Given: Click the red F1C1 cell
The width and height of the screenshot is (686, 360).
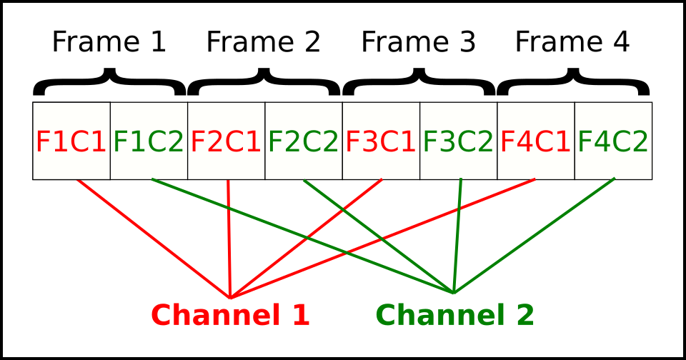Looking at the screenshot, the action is [71, 141].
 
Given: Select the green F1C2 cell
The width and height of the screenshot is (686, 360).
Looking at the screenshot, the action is [149, 141].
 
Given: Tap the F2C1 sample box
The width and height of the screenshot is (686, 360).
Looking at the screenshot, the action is [227, 141].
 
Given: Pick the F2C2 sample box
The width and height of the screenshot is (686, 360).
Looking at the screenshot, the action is [304, 141].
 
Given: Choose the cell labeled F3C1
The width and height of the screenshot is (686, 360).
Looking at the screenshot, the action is [381, 141].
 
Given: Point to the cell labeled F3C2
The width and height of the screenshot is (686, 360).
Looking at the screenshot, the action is [459, 141].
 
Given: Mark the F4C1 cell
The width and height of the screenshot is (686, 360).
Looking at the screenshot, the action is [536, 141].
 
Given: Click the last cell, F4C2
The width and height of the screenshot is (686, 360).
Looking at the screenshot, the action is [613, 141].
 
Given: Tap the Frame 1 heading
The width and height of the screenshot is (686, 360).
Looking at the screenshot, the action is [109, 42].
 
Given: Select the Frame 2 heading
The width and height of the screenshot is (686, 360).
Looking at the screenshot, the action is [264, 42].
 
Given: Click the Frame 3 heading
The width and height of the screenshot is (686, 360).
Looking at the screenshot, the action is [418, 42].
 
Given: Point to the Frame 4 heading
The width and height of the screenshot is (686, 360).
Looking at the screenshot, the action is [572, 42].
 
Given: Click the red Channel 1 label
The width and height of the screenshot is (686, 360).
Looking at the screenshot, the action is [231, 315].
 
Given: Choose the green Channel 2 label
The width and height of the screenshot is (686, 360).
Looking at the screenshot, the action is [455, 315].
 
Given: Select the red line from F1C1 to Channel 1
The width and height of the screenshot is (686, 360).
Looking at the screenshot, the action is [154, 239].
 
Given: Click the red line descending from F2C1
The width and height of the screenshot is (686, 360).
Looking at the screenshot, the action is [229, 239].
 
